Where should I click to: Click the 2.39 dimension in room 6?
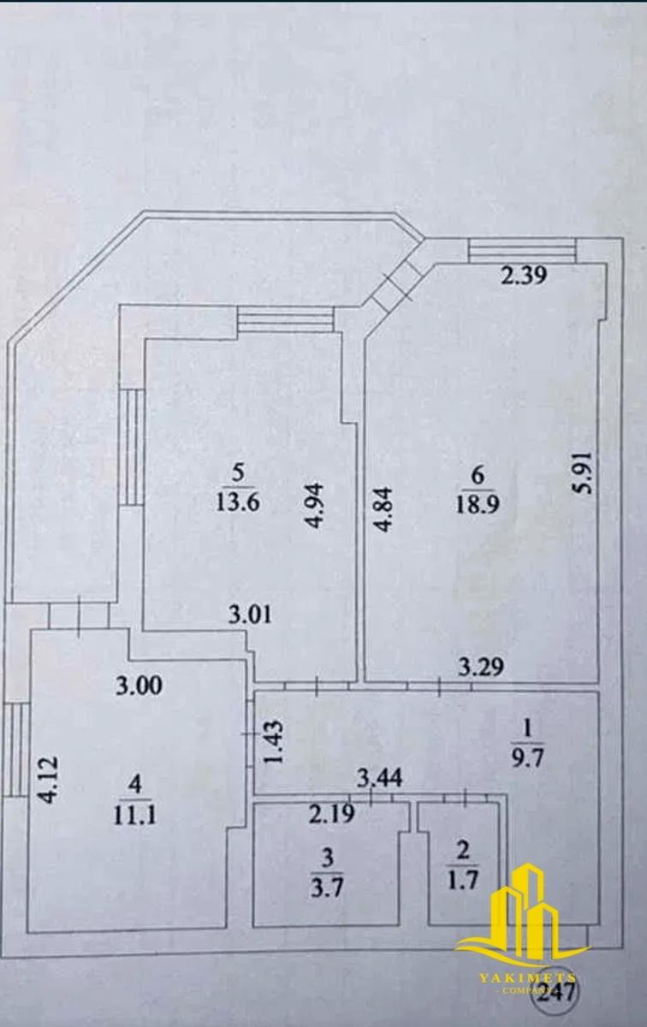click(524, 276)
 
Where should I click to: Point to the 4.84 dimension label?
click(386, 510)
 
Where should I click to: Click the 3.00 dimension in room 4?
click(140, 685)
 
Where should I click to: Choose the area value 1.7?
click(461, 881)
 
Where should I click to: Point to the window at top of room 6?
click(522, 249)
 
